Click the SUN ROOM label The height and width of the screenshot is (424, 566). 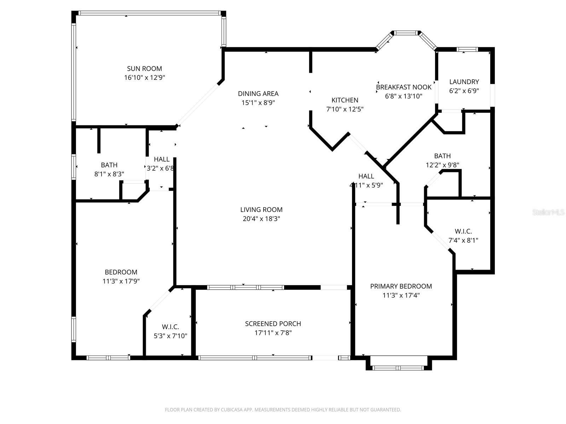point(144,69)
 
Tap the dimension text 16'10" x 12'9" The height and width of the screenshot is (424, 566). point(144,78)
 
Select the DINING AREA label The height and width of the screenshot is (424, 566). point(258,94)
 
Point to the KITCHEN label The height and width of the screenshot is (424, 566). point(345,100)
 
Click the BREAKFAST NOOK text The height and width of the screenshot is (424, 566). point(404,87)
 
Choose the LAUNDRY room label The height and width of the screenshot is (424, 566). point(464,82)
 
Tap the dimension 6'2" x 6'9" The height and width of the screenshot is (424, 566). point(464,91)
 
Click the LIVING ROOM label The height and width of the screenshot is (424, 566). point(261,210)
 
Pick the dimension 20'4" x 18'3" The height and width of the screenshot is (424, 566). point(261,219)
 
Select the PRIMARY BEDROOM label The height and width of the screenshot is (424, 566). point(401,286)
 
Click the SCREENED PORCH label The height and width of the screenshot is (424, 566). point(273,324)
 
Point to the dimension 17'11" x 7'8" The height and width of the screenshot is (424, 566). point(273,333)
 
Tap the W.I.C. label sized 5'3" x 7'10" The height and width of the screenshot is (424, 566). point(170,327)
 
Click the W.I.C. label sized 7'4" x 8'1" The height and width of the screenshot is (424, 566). point(463,231)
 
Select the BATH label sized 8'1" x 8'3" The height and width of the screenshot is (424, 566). point(109,165)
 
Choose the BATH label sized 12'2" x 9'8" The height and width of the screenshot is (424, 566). point(442,156)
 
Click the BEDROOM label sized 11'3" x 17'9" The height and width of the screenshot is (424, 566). point(121,272)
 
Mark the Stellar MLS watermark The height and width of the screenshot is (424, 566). point(548,212)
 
